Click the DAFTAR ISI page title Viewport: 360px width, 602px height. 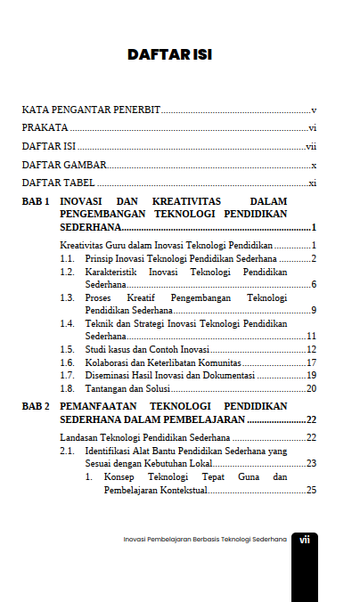168,55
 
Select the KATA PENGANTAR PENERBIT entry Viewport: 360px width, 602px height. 91,110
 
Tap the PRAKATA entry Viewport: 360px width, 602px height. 45,128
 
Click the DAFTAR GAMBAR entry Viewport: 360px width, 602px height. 64,165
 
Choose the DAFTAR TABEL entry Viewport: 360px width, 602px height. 59,183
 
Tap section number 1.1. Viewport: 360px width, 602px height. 66,257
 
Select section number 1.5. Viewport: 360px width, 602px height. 66,349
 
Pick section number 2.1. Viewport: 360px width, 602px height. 66,451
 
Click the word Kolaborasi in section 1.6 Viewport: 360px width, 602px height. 108,362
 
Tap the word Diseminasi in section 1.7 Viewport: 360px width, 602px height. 109,376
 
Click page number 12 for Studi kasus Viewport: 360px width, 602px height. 312,349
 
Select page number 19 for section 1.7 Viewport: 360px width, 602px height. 312,376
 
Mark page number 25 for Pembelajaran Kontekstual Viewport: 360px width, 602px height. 312,490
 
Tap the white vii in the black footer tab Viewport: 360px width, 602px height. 304,540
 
